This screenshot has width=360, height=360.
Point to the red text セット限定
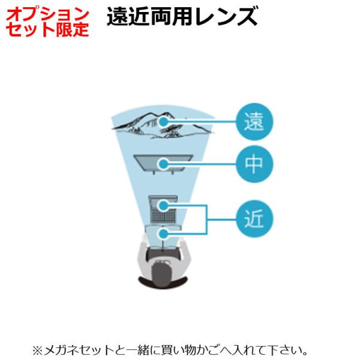tap(45, 29)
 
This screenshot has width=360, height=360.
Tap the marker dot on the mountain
tap(163, 122)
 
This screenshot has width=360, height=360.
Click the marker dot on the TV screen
tap(163, 163)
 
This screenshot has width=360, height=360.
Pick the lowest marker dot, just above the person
tap(162, 232)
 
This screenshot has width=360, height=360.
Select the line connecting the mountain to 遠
tap(201, 122)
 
